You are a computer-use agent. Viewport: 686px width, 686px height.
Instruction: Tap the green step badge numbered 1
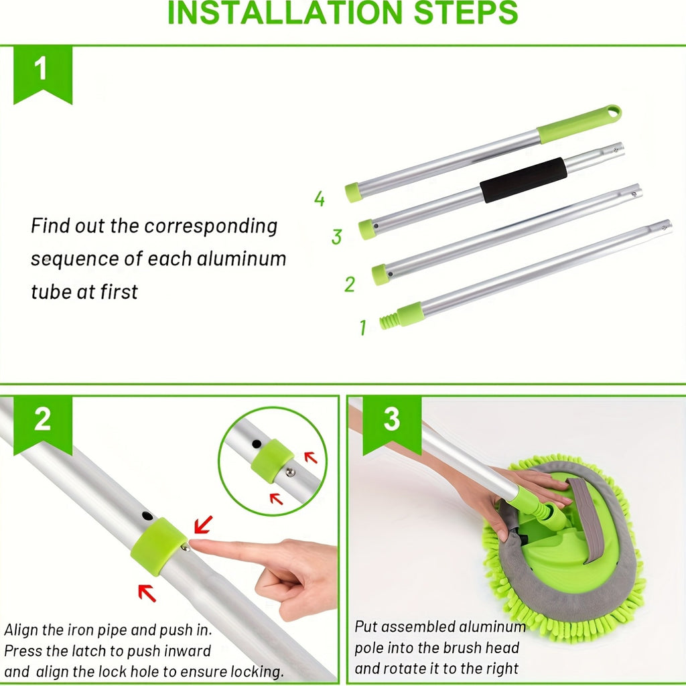tap(42, 70)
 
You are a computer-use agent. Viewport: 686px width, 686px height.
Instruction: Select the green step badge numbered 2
tap(42, 420)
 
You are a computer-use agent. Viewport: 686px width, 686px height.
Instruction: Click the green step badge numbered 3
tap(392, 420)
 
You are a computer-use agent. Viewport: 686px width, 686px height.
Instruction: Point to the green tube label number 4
tap(320, 199)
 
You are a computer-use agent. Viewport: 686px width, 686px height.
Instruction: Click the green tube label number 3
tap(336, 236)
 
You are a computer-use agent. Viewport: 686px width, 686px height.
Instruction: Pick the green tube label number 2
tap(349, 284)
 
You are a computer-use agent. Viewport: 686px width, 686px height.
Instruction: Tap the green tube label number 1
tap(362, 328)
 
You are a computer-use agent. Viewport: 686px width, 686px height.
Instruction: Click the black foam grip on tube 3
tap(523, 180)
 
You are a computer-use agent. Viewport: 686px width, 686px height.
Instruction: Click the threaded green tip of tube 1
tap(389, 320)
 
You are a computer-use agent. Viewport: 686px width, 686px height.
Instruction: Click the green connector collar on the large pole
tap(158, 545)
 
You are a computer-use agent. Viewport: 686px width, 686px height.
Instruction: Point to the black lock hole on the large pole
tap(146, 516)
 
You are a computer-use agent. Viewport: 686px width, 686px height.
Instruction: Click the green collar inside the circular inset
tap(272, 460)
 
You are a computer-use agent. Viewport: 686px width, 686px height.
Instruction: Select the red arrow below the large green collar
tap(147, 593)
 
